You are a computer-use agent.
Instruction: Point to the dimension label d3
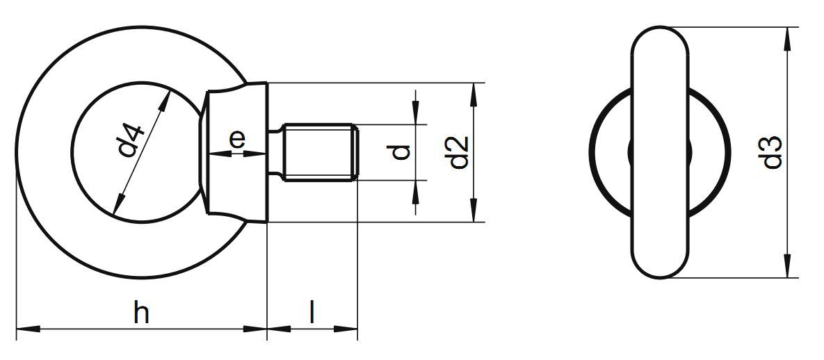[772, 153]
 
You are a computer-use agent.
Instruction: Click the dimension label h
[141, 314]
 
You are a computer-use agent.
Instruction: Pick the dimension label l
[312, 313]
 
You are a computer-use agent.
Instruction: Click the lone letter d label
[401, 152]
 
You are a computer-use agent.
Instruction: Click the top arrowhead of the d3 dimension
[787, 39]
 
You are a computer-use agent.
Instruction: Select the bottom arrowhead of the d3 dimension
[787, 267]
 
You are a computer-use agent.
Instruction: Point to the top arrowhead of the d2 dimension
[474, 95]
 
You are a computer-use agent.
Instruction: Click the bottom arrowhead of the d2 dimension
[474, 211]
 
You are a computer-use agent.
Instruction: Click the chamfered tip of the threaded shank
[355, 153]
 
